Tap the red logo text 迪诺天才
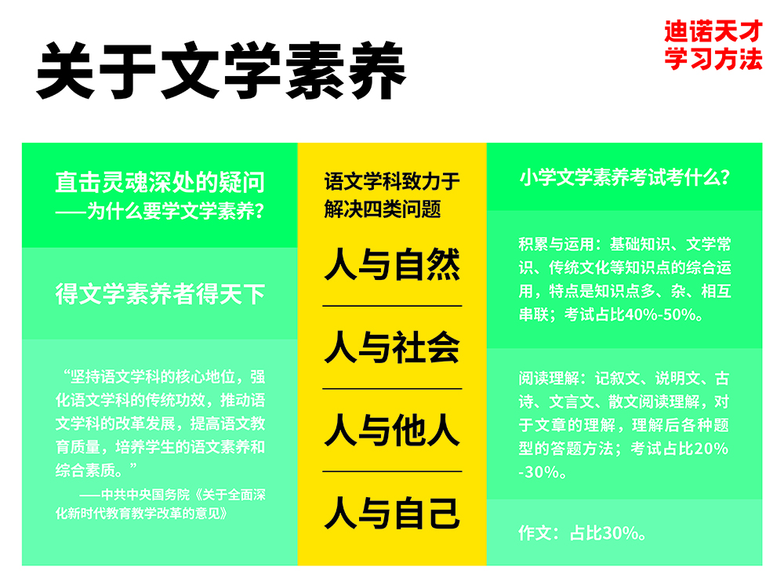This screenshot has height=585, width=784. point(713,32)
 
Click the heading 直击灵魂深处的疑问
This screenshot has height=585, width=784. point(160,183)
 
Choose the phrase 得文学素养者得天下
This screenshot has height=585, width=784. point(160,294)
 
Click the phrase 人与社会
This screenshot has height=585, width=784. point(392,347)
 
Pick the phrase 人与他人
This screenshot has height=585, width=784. point(392,431)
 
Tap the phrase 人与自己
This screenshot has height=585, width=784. point(392,514)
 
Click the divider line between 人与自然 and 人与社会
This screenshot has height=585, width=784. point(392,306)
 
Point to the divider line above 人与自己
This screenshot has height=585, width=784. point(392,472)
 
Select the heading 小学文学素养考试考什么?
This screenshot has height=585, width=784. point(625,178)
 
